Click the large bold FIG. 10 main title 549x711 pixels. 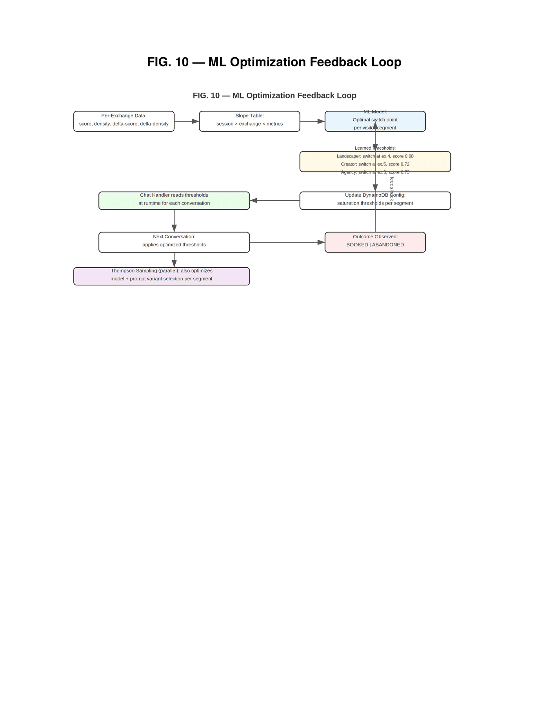(x=274, y=62)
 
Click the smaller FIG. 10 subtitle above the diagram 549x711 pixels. (x=274, y=95)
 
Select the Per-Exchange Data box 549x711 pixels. (x=124, y=121)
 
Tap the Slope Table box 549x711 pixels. (x=249, y=121)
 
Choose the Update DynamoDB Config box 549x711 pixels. (x=424, y=201)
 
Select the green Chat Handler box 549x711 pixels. (x=174, y=201)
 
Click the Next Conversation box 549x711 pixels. (x=174, y=242)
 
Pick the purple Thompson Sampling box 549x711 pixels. (x=162, y=276)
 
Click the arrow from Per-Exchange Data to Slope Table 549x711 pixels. (x=187, y=121)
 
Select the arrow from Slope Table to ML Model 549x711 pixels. (x=312, y=121)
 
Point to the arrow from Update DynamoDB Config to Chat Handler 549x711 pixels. (x=274, y=201)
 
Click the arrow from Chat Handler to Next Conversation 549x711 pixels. (x=174, y=221)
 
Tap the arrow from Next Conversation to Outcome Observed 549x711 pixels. (x=287, y=242)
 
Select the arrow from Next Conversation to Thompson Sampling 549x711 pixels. (x=174, y=260)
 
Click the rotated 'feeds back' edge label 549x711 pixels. (x=392, y=189)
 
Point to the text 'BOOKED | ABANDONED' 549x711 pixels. (x=375, y=245)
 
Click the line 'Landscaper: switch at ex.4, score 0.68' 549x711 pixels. (x=375, y=156)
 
